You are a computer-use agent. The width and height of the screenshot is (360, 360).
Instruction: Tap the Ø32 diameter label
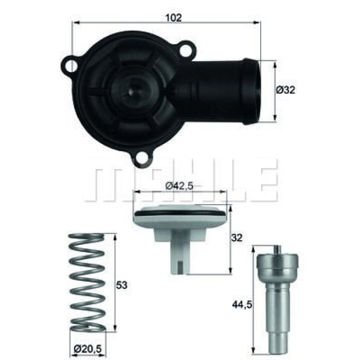point(285,90)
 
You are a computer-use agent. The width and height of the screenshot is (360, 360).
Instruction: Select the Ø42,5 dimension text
point(179,187)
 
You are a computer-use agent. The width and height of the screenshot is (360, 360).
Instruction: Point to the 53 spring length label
point(121,285)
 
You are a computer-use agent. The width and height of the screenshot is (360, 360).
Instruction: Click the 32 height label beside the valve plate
point(238,238)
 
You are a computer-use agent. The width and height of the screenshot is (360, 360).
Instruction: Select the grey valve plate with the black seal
point(179,219)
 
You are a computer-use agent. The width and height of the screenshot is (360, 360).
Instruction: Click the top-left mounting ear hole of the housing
point(71,65)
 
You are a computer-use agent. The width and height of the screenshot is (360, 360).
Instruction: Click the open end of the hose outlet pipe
point(256,91)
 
